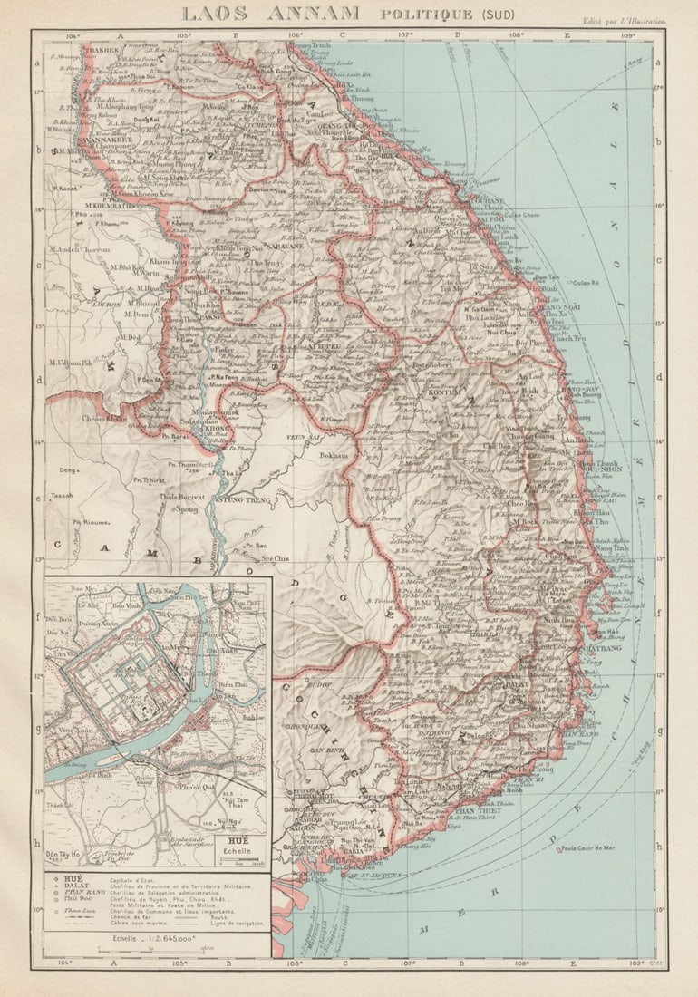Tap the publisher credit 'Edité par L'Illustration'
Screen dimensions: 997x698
(624, 18)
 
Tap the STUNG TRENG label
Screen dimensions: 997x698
(242, 498)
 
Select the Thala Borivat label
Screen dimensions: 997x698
(179, 497)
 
